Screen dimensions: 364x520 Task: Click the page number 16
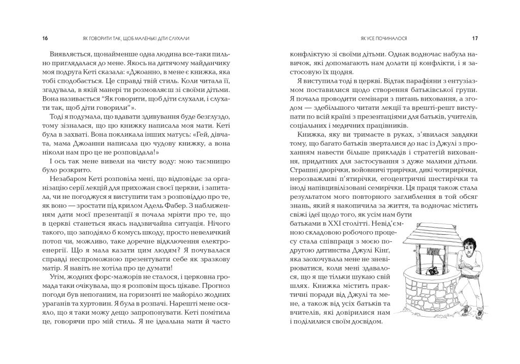pyautogui.click(x=45, y=38)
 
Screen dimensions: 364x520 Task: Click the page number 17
pyautogui.click(x=474, y=38)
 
